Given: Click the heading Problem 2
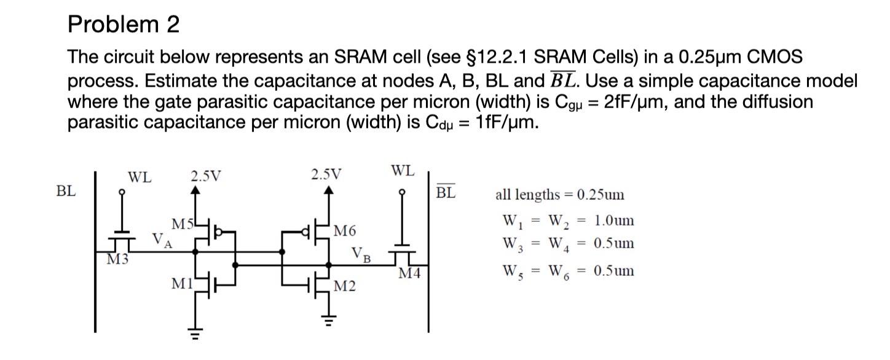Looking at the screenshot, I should click(124, 25).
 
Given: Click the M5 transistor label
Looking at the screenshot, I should click(181, 225).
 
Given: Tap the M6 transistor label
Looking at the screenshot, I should click(344, 232).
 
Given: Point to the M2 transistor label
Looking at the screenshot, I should click(344, 286).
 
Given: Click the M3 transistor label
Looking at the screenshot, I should click(117, 259).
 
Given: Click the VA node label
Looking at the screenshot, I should click(162, 240).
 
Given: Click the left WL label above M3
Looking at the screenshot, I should click(139, 178).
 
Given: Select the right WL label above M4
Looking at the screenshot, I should click(403, 170).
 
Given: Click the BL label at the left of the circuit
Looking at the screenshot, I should click(66, 191).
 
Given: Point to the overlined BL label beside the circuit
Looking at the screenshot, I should click(446, 192).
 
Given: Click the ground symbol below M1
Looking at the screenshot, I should click(196, 334).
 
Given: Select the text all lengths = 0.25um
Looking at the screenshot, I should click(559, 195).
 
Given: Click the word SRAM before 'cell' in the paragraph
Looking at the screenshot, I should click(358, 57).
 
